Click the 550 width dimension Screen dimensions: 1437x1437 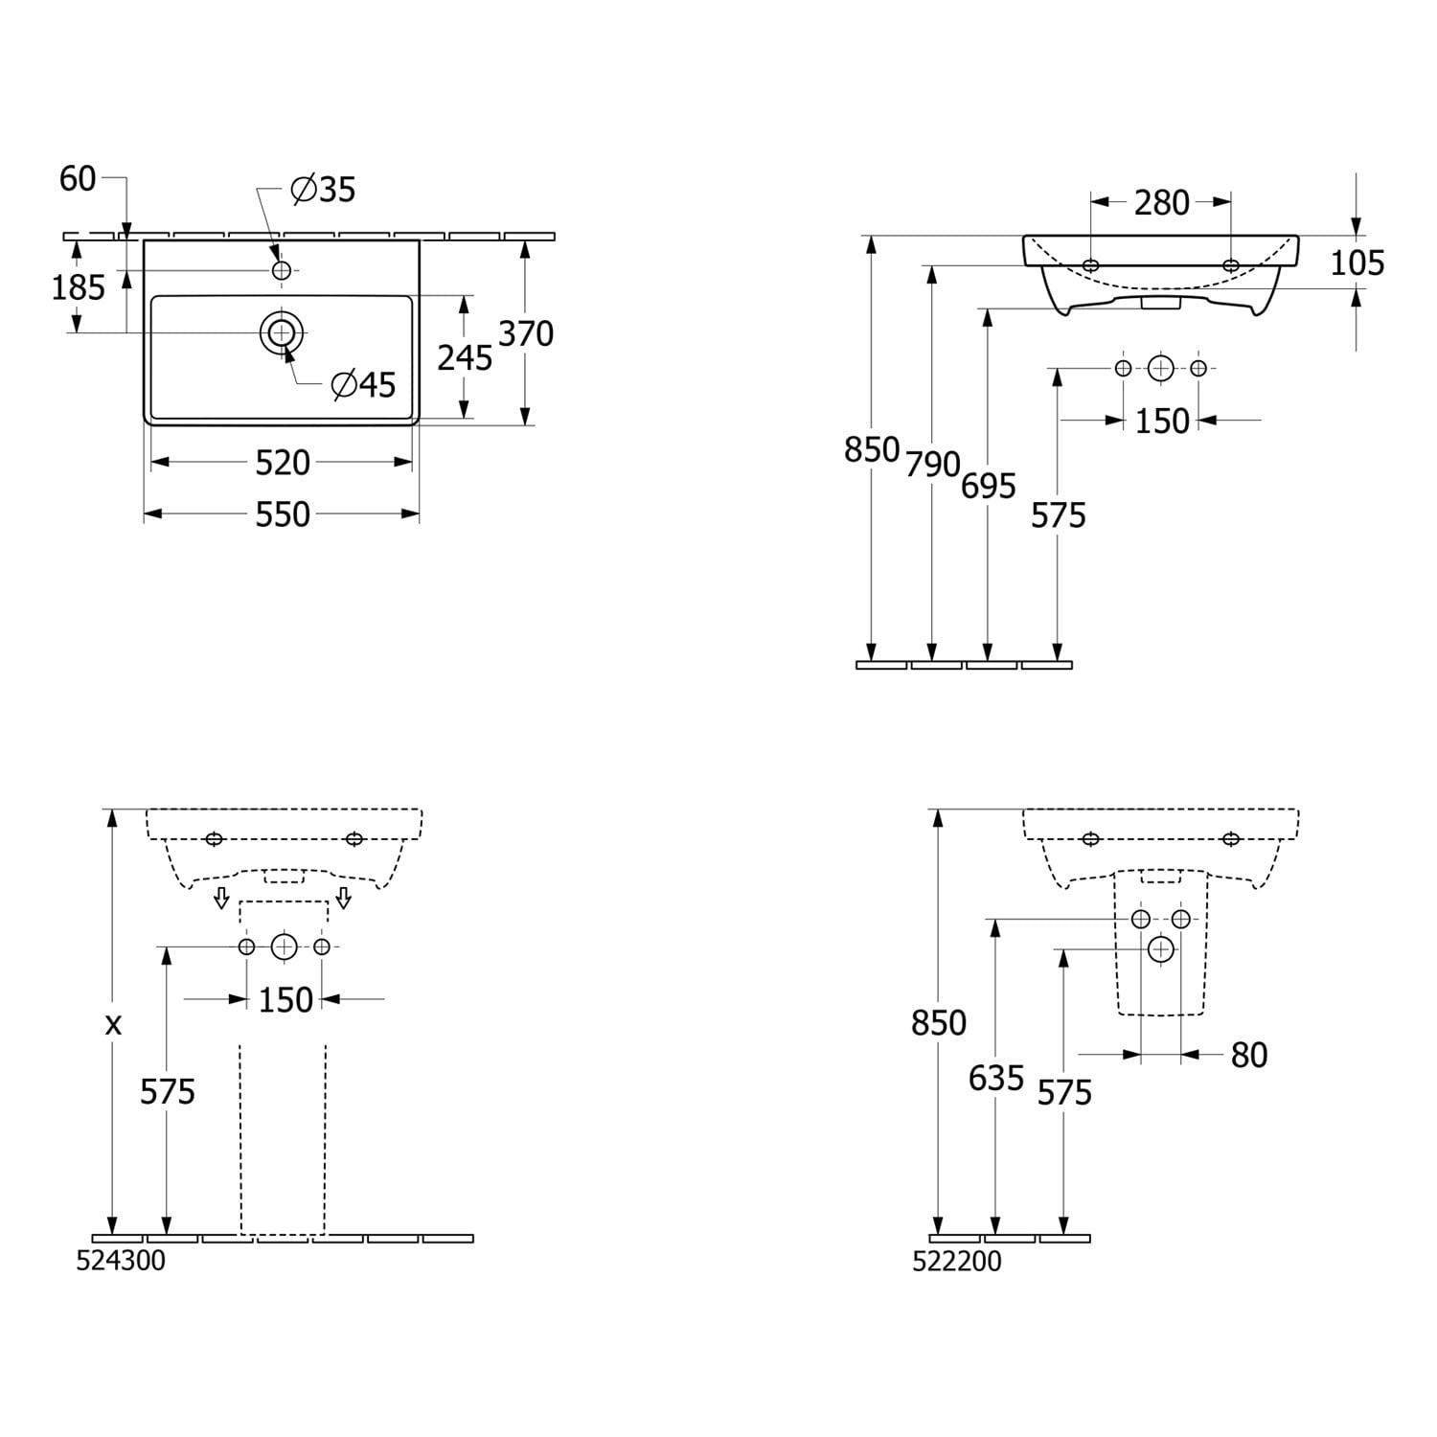point(283,514)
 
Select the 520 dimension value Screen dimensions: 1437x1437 point(283,463)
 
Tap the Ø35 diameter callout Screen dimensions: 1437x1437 point(323,190)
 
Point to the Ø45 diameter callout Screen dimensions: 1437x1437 point(363,384)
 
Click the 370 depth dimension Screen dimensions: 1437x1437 point(526,333)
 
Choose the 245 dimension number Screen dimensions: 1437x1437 point(465,357)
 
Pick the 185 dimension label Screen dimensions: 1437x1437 point(78,286)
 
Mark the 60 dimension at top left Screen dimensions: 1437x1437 point(78,178)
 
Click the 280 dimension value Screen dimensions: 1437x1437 point(1162,202)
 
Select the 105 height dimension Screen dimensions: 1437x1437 point(1357,262)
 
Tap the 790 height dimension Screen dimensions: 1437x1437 point(933,465)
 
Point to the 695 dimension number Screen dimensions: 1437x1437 point(989,487)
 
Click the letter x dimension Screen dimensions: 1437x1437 point(113,1025)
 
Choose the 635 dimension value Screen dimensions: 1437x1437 point(996,1079)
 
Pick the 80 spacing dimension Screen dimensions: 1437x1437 point(1249,1055)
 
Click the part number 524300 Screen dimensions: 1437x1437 point(121,1261)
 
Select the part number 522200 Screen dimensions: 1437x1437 point(957,1261)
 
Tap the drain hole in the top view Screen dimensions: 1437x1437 point(282,332)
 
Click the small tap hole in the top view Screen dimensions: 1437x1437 point(282,271)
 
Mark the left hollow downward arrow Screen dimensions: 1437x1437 point(221,898)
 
